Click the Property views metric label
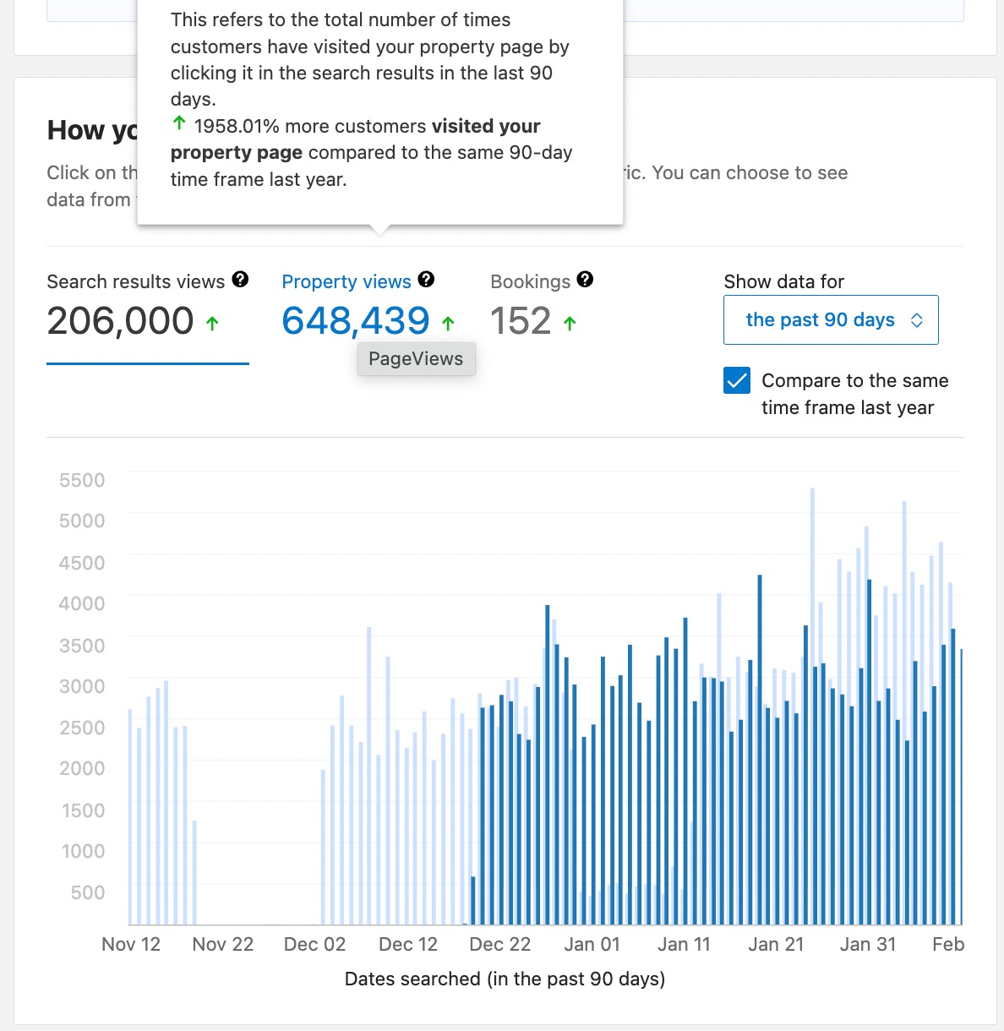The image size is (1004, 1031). (346, 281)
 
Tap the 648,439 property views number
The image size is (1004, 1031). (356, 321)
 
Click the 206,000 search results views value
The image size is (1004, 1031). (121, 321)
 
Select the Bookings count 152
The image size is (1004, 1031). (521, 321)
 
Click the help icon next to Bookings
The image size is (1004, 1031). (585, 280)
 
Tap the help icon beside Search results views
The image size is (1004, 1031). (240, 280)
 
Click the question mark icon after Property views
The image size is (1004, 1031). (426, 280)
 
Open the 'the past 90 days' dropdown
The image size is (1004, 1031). (831, 319)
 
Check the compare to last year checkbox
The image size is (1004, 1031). (737, 380)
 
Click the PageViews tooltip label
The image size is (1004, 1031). (416, 358)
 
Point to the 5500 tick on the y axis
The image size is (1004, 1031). (82, 480)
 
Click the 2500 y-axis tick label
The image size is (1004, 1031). (82, 728)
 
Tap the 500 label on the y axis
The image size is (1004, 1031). (88, 892)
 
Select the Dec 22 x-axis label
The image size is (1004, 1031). (499, 944)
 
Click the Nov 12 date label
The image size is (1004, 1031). (131, 944)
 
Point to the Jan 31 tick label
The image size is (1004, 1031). (867, 944)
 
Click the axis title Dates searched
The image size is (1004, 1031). (505, 979)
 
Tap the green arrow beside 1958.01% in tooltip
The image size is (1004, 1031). (179, 124)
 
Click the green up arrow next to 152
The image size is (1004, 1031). (570, 323)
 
